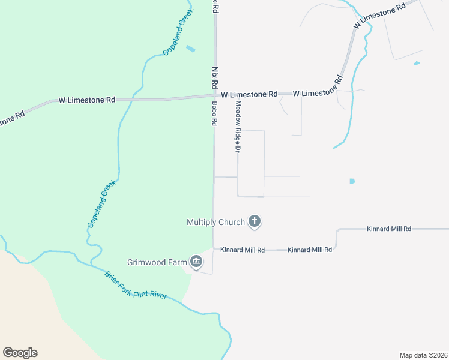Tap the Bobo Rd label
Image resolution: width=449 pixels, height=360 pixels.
pyautogui.click(x=214, y=113)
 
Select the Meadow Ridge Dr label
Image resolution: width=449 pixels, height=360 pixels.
pyautogui.click(x=238, y=126)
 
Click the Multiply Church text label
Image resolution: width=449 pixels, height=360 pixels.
pyautogui.click(x=215, y=223)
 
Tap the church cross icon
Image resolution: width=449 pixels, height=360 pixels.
pyautogui.click(x=255, y=222)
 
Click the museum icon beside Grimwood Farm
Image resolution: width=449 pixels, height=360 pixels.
pyautogui.click(x=196, y=262)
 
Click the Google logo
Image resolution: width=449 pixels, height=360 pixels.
pyautogui.click(x=20, y=353)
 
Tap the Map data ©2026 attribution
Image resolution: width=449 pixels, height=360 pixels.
pyautogui.click(x=423, y=355)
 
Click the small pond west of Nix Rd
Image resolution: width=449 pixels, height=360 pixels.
pyautogui.click(x=191, y=49)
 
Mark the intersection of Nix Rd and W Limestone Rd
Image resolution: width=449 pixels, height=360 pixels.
pyautogui.click(x=215, y=95)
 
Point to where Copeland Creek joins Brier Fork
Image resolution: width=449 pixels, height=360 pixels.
pyautogui.click(x=91, y=264)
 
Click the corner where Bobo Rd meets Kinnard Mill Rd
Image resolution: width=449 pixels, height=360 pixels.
pyautogui.click(x=214, y=249)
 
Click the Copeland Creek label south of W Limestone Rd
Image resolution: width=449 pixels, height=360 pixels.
pyautogui.click(x=100, y=204)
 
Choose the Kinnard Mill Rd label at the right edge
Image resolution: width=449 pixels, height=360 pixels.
pyautogui.click(x=389, y=229)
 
